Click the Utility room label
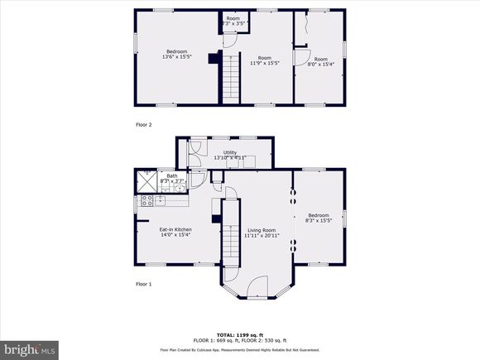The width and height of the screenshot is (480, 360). [x=230, y=152]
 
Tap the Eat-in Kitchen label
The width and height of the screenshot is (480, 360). [x=175, y=228]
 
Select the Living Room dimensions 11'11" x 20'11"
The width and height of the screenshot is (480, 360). [x=260, y=236]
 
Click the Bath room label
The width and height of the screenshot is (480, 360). [x=172, y=175]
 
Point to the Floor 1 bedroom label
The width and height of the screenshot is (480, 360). [x=318, y=215]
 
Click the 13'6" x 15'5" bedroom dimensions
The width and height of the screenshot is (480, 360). [x=175, y=56]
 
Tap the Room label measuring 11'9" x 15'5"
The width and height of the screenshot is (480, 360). [x=265, y=56]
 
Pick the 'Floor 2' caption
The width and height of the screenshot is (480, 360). [x=144, y=124]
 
